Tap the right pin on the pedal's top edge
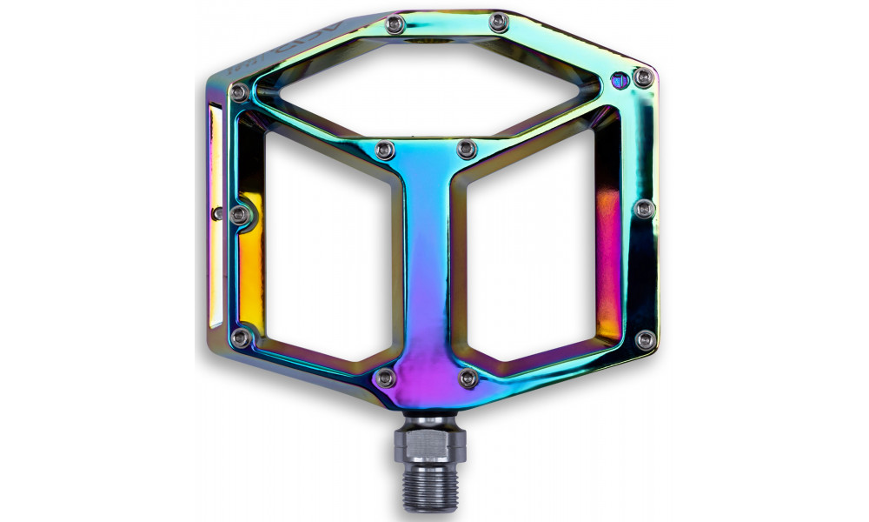498,22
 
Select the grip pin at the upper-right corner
643,77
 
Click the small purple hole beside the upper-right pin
619,81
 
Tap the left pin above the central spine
385,151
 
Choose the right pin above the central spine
467,149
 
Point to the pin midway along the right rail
644,208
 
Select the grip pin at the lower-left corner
241,336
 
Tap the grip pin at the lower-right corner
644,339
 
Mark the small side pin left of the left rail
217,211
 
